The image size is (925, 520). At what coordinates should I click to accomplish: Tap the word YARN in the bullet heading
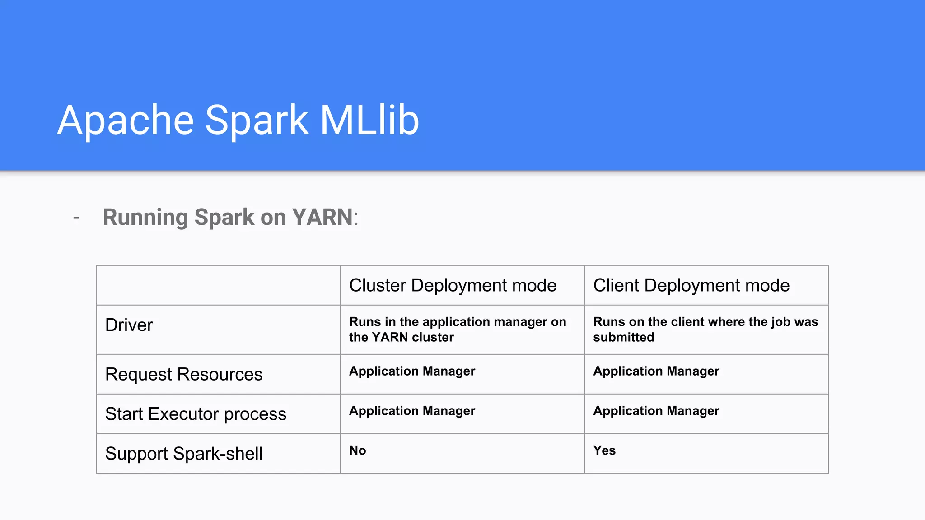[322, 217]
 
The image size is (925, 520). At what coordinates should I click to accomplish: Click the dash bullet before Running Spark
[76, 218]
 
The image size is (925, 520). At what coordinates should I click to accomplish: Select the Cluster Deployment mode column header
[453, 285]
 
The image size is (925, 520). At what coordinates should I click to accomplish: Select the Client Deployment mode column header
[691, 285]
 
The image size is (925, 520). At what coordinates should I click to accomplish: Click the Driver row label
[129, 325]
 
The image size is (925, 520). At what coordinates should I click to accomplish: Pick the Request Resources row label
[183, 374]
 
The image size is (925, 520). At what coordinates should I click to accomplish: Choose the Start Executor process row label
[196, 414]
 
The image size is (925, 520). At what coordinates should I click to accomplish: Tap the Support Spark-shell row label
[183, 454]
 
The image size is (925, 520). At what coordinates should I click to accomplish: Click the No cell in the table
[357, 450]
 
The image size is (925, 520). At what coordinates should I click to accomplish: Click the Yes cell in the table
[604, 450]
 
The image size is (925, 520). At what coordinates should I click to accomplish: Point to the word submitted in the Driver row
[623, 337]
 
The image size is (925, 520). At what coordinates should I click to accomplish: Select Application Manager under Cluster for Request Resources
[412, 371]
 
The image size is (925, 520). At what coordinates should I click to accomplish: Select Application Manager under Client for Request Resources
[656, 371]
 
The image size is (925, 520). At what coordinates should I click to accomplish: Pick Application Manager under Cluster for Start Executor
[412, 411]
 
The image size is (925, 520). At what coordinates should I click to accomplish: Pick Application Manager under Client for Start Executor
[656, 411]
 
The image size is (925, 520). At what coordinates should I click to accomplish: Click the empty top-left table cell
[218, 285]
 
